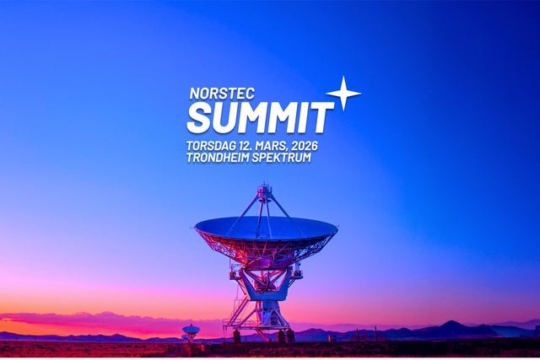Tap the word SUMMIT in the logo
coord(260,117)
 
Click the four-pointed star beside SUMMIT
coord(343,93)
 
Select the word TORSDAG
coord(211,146)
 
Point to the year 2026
coord(301,146)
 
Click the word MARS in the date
coord(268,146)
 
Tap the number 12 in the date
coord(244,146)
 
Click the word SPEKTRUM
coord(283,158)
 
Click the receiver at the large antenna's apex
coord(265,192)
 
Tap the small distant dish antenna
coord(191,330)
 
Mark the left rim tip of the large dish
coord(197,227)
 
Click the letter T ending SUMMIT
coord(324,117)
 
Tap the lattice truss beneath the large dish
coord(266,249)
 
